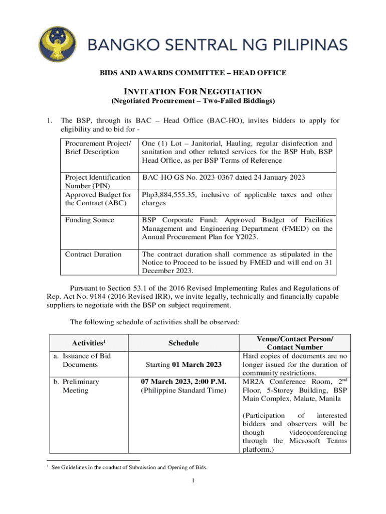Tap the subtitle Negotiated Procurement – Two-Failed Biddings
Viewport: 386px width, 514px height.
pos(193,101)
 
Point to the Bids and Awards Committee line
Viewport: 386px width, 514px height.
pos(193,73)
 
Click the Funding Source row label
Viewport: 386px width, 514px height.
pos(89,220)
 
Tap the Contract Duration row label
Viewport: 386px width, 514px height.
pos(93,254)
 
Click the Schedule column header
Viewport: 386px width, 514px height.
pos(183,343)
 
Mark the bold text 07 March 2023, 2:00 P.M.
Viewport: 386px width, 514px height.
pos(183,381)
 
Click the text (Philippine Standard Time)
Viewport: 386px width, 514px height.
pos(183,391)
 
